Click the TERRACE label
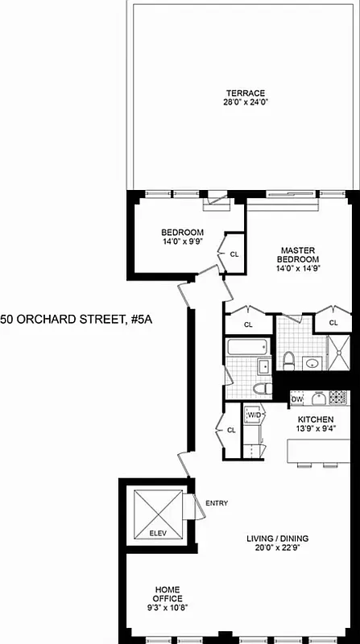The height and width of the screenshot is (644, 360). [245, 93]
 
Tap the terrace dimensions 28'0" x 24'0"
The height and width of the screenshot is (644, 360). [245, 102]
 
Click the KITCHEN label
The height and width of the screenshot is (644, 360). [315, 420]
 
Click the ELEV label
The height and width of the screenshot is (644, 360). [156, 532]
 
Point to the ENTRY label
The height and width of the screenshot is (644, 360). [216, 504]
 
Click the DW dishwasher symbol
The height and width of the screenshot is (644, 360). [296, 398]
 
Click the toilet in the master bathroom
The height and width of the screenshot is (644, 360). [288, 358]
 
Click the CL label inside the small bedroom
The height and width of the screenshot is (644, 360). [234, 254]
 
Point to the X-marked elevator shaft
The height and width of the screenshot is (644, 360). [155, 510]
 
